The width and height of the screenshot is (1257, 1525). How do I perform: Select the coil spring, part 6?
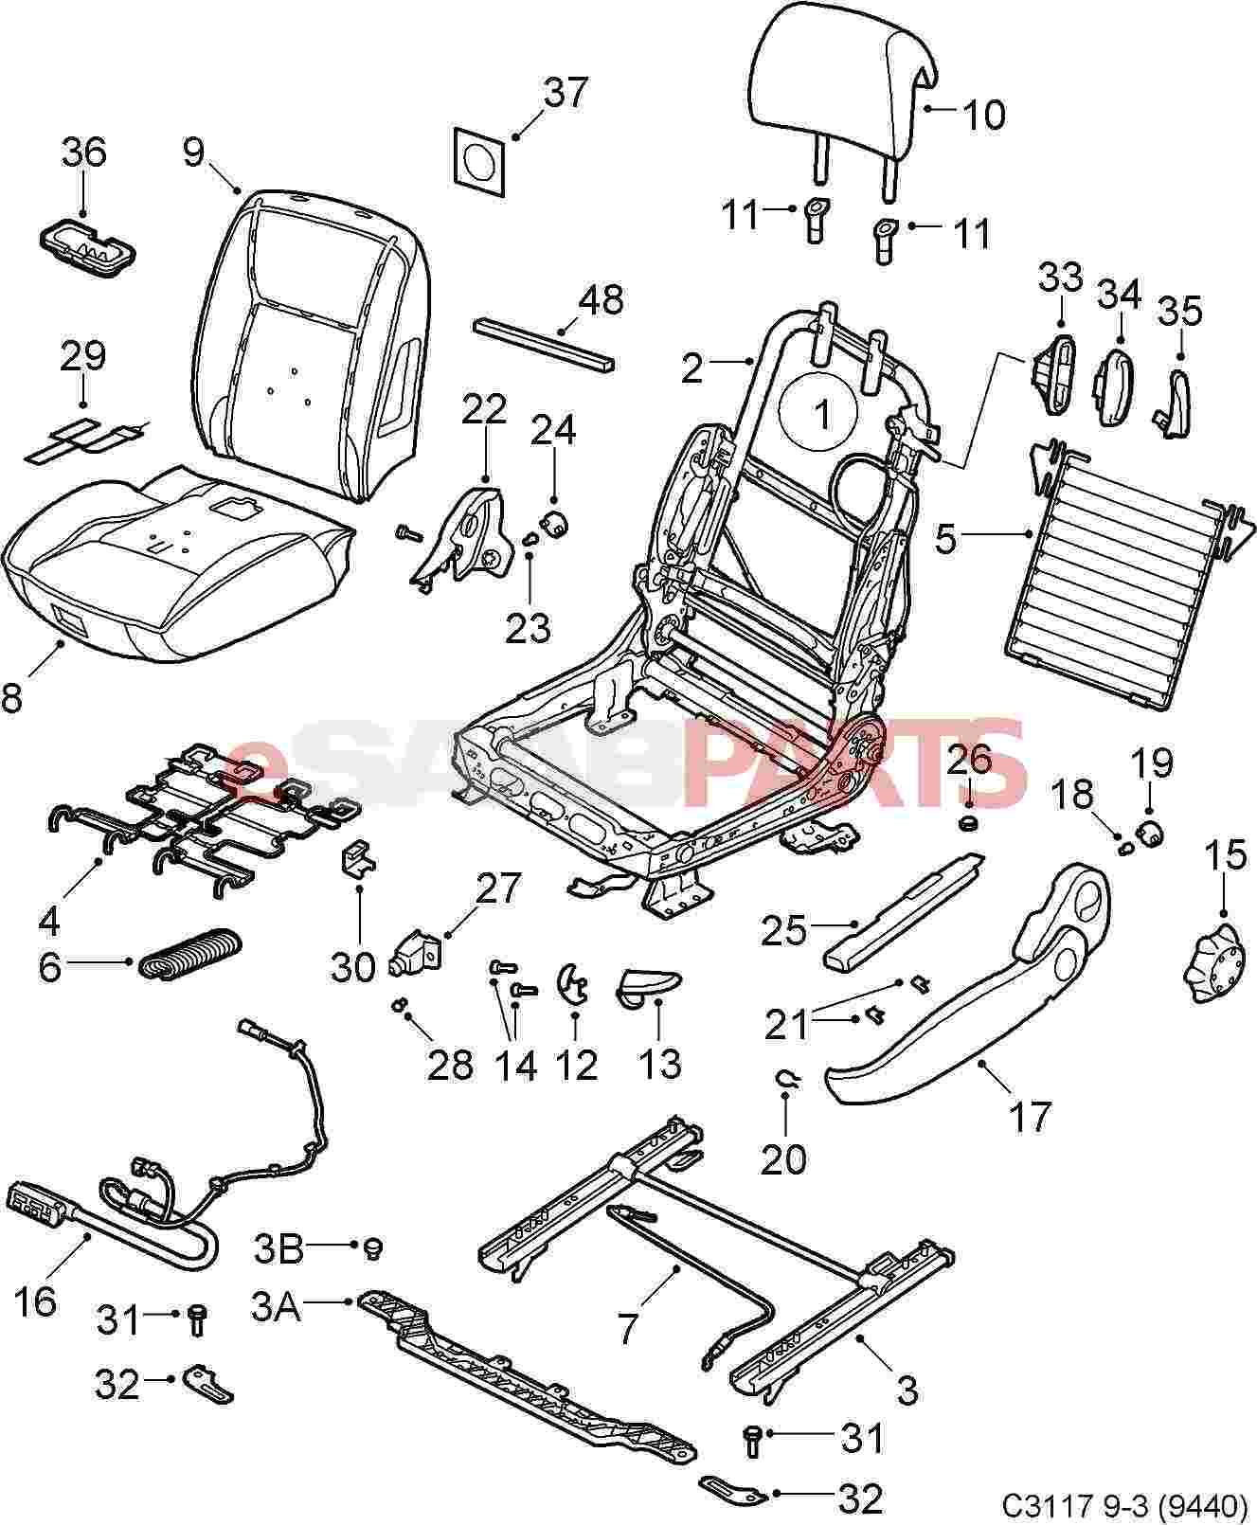pyautogui.click(x=190, y=955)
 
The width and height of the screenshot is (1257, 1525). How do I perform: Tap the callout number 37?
pyautogui.click(x=566, y=94)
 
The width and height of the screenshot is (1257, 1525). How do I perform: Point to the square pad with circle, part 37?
pyautogui.click(x=480, y=154)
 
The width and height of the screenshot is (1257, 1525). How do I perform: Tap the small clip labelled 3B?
pyautogui.click(x=372, y=1248)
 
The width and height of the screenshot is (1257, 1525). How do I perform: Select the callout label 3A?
pyautogui.click(x=277, y=1309)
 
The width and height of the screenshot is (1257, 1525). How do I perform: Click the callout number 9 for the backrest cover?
pyautogui.click(x=193, y=152)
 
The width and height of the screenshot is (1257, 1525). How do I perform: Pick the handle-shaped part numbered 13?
pyautogui.click(x=648, y=985)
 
